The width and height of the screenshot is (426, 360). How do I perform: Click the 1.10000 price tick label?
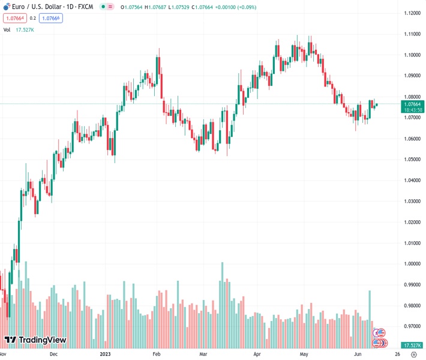(x=412, y=55)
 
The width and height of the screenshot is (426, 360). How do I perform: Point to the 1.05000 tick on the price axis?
(x=412, y=160)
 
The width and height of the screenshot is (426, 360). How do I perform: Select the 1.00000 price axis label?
(x=412, y=264)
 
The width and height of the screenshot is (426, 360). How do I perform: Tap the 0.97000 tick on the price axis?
(x=412, y=326)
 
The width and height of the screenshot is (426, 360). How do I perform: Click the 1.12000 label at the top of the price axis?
(x=412, y=13)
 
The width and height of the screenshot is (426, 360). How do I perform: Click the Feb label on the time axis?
(x=157, y=354)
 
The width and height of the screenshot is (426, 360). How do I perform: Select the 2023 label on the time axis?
(x=106, y=354)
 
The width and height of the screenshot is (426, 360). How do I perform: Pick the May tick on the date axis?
(x=304, y=354)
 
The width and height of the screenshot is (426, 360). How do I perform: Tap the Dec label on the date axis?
(x=53, y=354)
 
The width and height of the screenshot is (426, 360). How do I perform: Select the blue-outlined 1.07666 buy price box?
(x=51, y=18)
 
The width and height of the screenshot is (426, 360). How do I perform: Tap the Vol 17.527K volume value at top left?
(x=25, y=29)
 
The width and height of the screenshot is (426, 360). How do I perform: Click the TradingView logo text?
(x=42, y=340)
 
